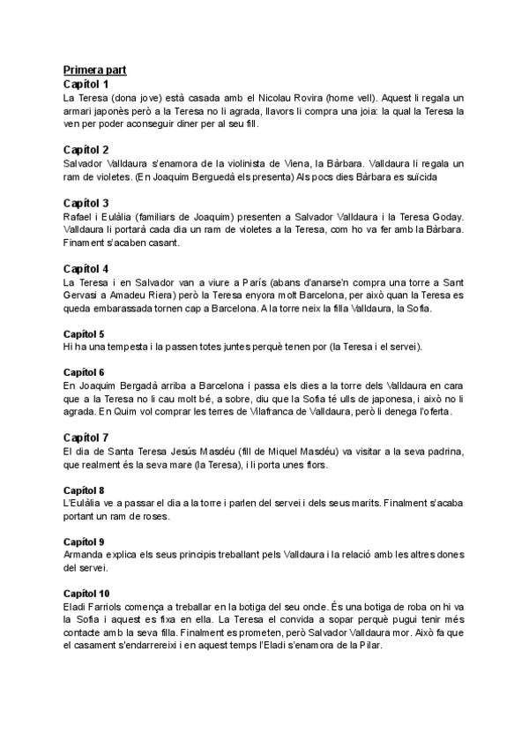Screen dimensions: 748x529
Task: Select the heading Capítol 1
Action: click(x=86, y=84)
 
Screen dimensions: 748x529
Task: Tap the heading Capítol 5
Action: click(x=84, y=334)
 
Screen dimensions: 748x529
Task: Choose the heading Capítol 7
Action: click(x=86, y=438)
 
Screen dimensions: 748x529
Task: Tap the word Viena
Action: click(x=320, y=164)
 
